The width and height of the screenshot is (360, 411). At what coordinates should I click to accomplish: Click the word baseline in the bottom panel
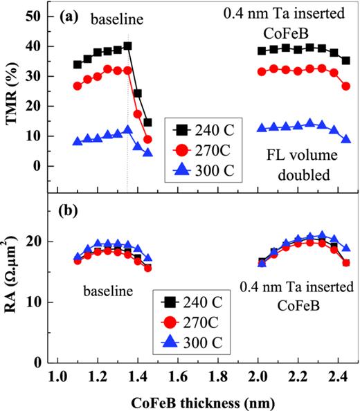click(106, 291)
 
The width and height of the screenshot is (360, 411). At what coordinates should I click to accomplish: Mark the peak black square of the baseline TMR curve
click(127, 46)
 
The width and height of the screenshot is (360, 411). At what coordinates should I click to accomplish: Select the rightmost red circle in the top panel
click(345, 86)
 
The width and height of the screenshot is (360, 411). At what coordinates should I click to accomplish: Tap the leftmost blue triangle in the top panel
click(78, 141)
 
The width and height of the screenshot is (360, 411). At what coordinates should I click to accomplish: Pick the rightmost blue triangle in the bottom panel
click(345, 248)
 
